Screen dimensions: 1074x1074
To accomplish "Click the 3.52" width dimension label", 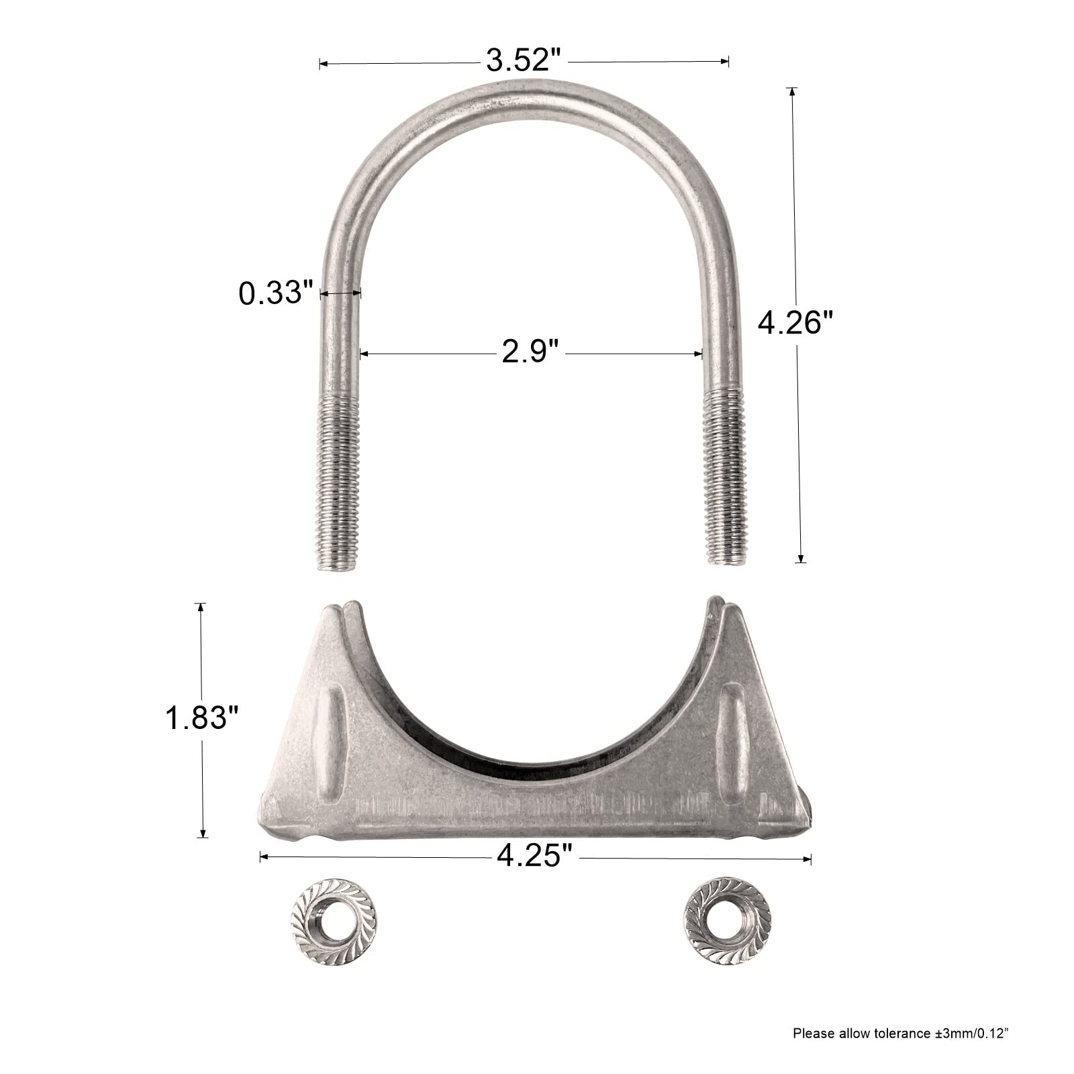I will (x=523, y=62).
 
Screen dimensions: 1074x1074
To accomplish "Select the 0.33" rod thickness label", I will (x=277, y=293).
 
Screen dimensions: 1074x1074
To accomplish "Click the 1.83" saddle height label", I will (x=202, y=720).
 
